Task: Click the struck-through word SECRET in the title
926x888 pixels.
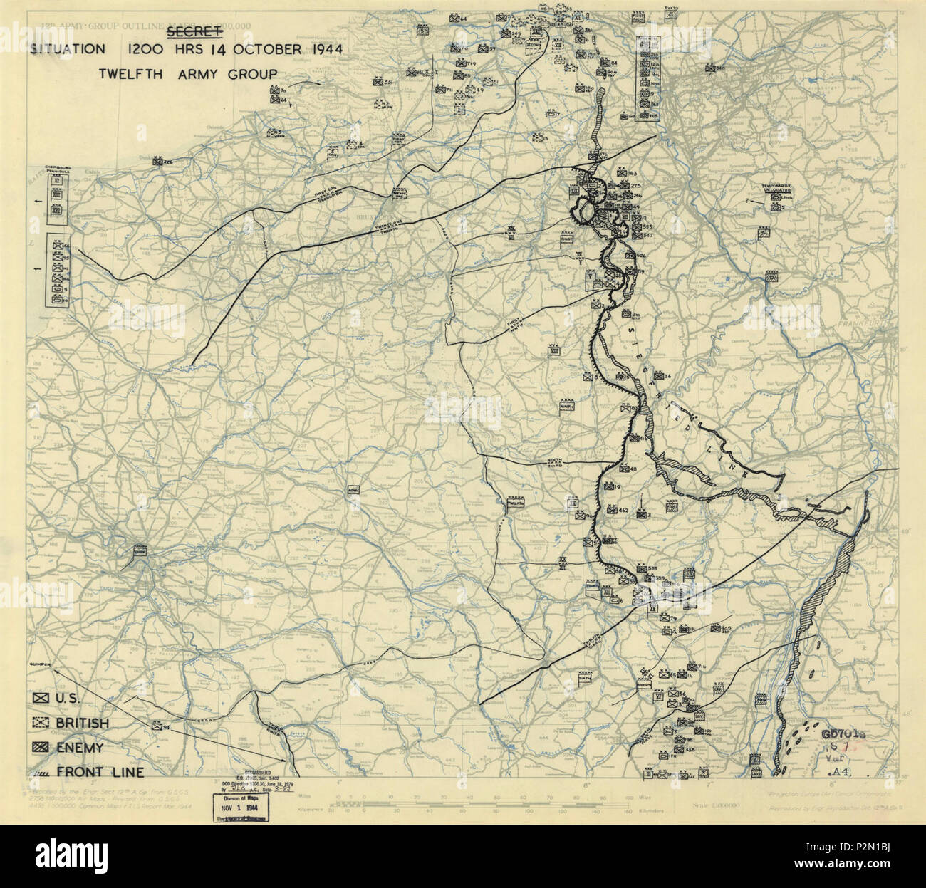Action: [193, 34]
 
